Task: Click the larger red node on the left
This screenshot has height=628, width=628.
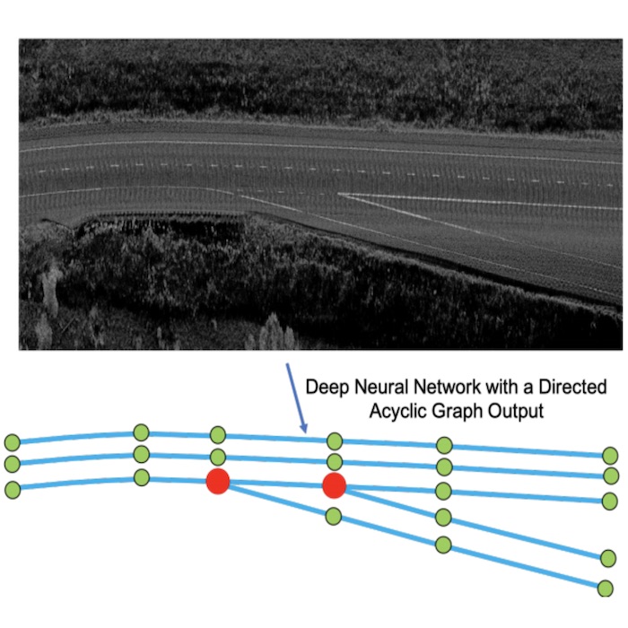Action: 217,481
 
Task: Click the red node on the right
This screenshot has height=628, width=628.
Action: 334,485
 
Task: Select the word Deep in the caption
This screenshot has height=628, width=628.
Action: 327,388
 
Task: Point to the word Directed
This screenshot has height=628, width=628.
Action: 572,387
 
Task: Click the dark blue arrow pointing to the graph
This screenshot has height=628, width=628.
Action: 296,398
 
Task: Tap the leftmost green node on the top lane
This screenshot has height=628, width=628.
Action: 13,442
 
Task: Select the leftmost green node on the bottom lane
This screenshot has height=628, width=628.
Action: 13,490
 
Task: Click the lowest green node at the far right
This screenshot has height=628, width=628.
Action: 606,589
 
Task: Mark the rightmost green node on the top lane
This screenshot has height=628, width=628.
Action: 610,456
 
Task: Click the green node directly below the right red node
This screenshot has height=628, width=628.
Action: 333,516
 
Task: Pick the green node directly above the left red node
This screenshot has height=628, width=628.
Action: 217,457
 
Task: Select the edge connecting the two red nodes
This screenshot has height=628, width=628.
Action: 276,484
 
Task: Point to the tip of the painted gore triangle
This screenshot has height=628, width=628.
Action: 338,195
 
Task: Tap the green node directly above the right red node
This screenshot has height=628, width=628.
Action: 335,463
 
